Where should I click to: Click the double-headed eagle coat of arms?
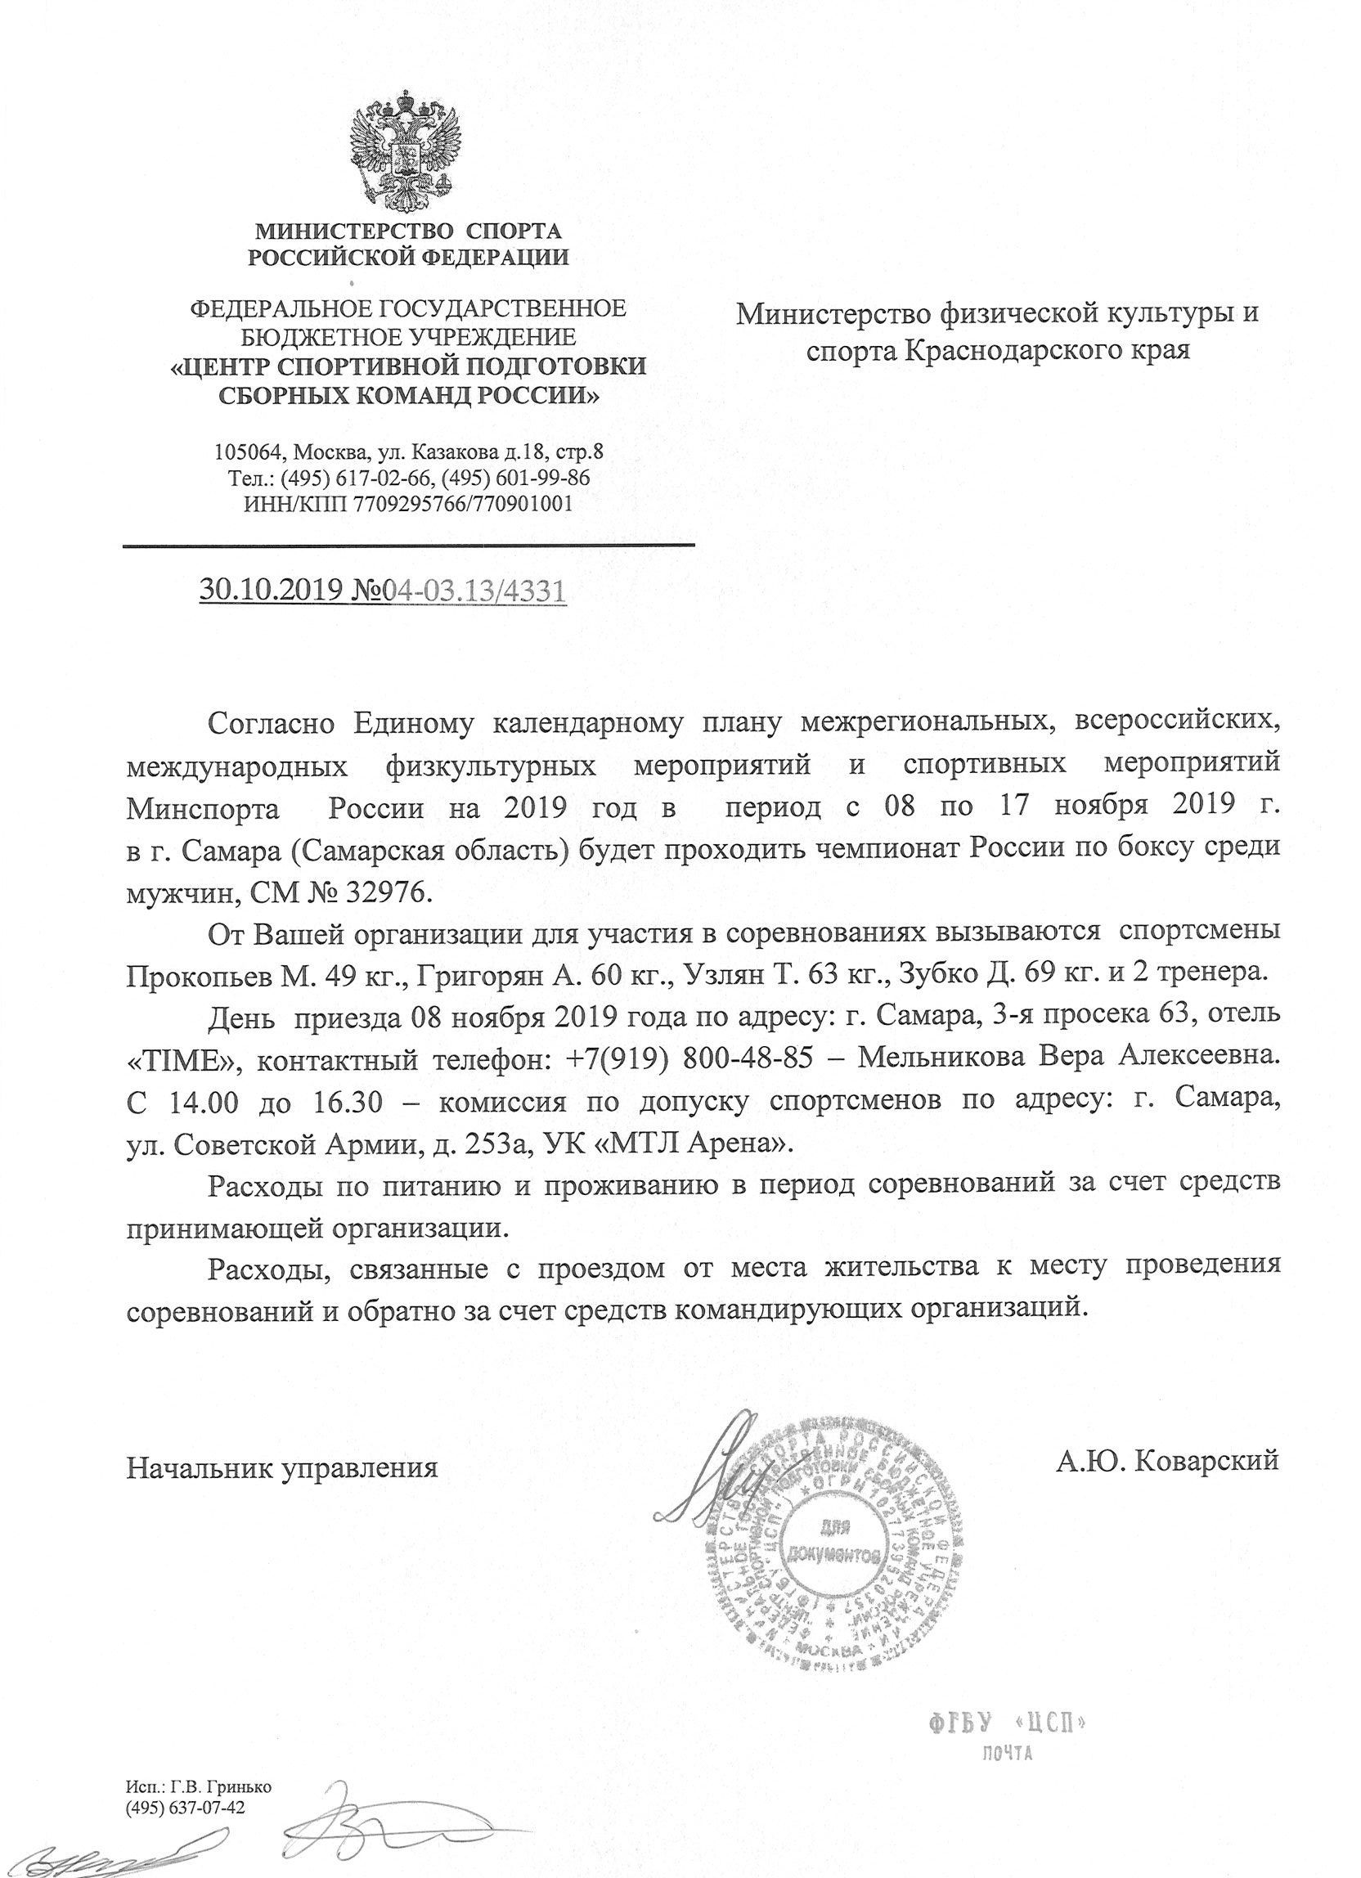coord(406,157)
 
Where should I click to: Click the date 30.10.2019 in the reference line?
coord(264,591)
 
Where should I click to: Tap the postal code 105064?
coord(246,453)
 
